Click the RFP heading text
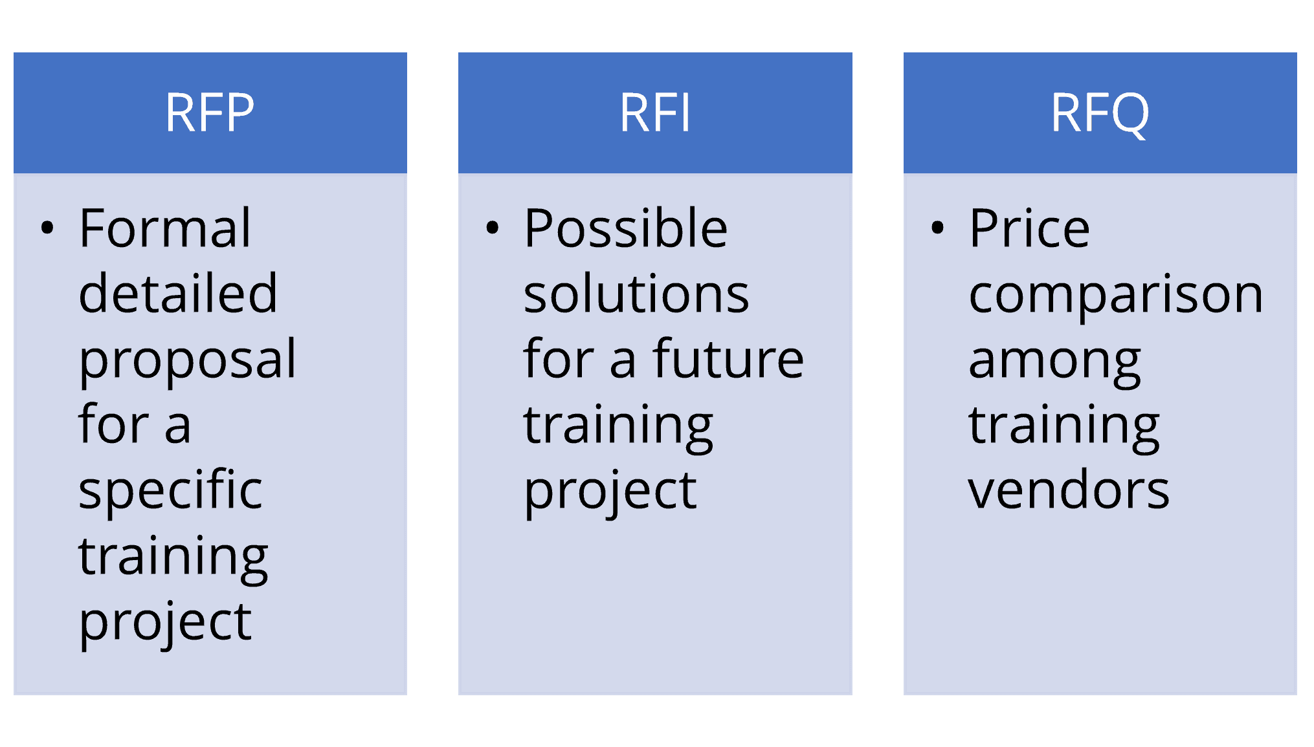(210, 113)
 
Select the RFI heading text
(655, 113)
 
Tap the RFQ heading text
(1100, 113)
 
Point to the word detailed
(178, 294)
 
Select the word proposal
(187, 360)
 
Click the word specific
(170, 490)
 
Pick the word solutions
(636, 294)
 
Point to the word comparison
(1115, 295)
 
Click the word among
(1054, 361)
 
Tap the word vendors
(1069, 490)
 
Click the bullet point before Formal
(47, 228)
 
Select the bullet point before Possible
(493, 228)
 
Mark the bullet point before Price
(937, 228)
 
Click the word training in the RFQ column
(1063, 426)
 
